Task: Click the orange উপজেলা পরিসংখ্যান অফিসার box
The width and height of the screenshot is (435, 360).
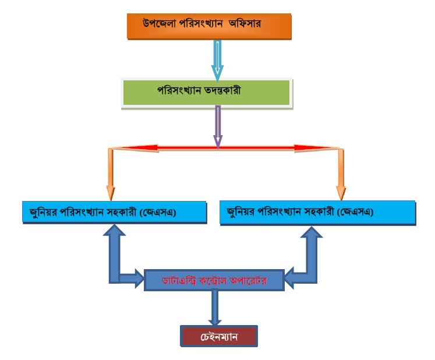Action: tap(208, 26)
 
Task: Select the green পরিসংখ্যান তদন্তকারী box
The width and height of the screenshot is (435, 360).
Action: tap(206, 92)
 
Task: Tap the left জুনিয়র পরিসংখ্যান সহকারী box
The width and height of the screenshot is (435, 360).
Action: tap(114, 211)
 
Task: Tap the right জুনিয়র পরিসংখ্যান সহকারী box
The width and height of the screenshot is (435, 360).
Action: tap(318, 211)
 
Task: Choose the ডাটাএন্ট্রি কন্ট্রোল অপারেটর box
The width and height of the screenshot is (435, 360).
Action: tap(214, 280)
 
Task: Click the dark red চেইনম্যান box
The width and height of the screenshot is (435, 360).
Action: tap(218, 336)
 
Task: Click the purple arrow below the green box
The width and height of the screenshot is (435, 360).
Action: tap(218, 126)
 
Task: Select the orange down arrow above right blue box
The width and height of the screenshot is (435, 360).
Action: tap(341, 175)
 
